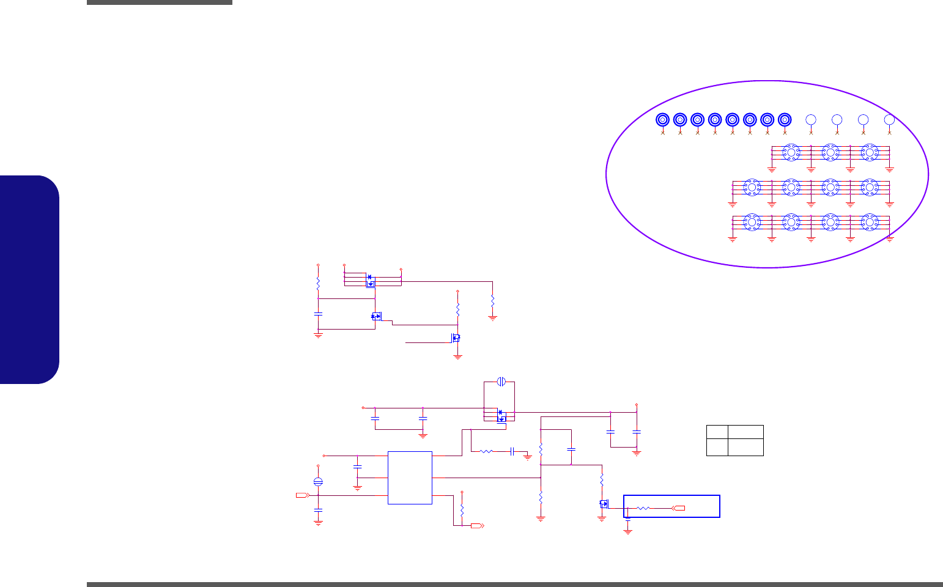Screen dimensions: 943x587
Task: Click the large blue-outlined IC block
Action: coord(410,478)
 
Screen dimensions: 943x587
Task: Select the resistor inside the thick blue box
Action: coord(643,508)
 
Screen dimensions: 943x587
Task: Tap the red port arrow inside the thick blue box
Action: coord(678,508)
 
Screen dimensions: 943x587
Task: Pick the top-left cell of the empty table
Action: coord(717,432)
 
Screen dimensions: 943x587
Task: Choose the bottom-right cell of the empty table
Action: coord(745,447)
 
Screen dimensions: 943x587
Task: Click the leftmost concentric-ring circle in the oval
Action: coord(662,120)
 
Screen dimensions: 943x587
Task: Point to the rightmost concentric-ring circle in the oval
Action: coord(785,120)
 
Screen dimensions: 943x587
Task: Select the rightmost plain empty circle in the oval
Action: coord(889,120)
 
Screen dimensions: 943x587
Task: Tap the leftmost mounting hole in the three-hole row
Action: coord(791,152)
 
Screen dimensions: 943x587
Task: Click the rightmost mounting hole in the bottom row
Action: coord(869,223)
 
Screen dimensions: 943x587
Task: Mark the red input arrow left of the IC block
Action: coord(301,495)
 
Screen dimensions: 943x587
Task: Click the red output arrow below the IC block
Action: coord(477,525)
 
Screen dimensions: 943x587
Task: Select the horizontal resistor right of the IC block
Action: coord(486,452)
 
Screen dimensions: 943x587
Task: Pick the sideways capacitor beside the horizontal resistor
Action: coord(511,452)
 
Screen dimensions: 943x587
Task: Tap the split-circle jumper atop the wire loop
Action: coord(501,382)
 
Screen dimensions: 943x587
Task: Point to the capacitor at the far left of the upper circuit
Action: coord(318,314)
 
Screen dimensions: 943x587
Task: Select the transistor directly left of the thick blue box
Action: coord(604,504)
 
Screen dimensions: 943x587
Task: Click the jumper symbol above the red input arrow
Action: coord(318,482)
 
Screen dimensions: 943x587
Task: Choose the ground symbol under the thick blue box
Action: coord(627,531)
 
